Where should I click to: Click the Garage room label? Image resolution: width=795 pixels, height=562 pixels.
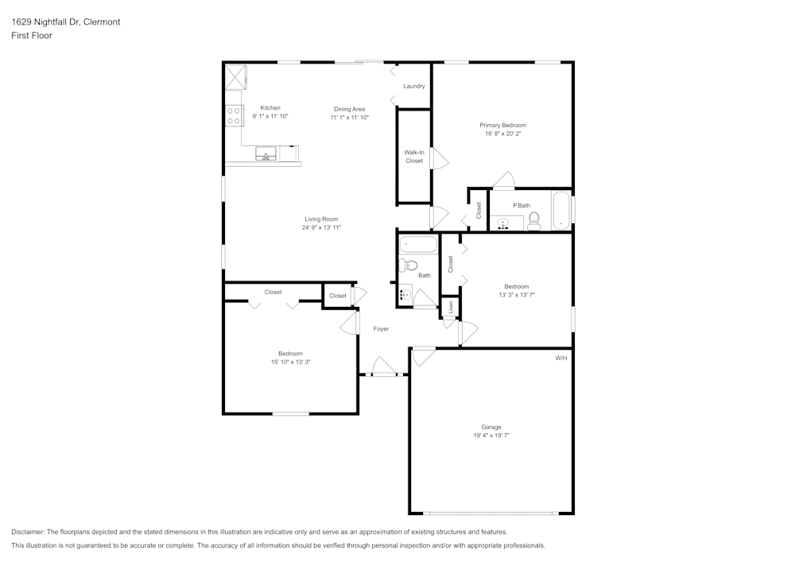click(x=491, y=427)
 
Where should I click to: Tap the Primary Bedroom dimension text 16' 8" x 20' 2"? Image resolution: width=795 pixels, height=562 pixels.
click(x=502, y=134)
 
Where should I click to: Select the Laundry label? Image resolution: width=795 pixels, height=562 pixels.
click(x=413, y=86)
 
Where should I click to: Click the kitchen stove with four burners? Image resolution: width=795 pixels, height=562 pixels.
click(x=234, y=116)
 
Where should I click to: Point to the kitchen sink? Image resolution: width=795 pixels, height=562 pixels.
click(x=266, y=154)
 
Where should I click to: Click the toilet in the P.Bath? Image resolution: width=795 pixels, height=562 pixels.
click(x=533, y=220)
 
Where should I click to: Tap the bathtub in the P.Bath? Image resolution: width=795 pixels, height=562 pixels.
click(x=560, y=211)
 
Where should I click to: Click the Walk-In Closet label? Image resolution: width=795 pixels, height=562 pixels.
click(x=414, y=156)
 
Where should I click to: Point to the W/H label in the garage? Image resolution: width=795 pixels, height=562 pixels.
click(x=560, y=359)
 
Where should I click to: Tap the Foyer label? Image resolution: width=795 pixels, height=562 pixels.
click(x=381, y=328)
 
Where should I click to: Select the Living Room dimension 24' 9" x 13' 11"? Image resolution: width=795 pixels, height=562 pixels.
click(x=321, y=227)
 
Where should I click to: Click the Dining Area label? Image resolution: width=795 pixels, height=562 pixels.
click(x=349, y=109)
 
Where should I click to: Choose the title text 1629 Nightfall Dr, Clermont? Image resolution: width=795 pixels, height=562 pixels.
click(x=66, y=22)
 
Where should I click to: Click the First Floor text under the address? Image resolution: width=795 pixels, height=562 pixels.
click(x=32, y=36)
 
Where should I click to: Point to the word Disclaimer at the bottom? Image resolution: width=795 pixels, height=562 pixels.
click(x=28, y=532)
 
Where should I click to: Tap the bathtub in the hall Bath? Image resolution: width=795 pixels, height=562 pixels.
click(x=418, y=245)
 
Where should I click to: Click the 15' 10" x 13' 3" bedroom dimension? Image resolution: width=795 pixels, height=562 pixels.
click(x=290, y=362)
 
